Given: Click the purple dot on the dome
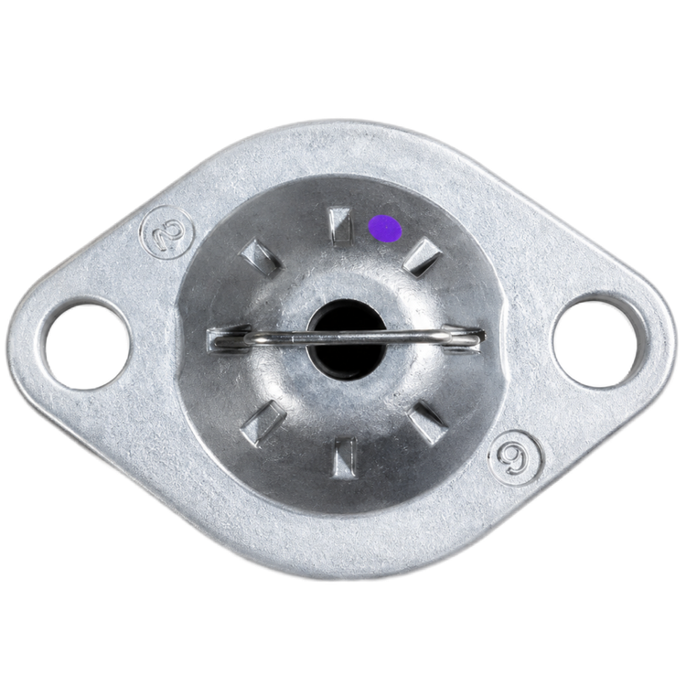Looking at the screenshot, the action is (x=384, y=229).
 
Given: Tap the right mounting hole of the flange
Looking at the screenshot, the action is (x=595, y=340).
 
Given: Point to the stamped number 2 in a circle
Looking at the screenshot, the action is (x=168, y=232).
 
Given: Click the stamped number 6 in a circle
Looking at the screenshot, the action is (x=515, y=457).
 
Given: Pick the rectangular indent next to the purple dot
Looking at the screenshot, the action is (x=341, y=224).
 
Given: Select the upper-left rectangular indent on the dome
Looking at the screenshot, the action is (x=262, y=257).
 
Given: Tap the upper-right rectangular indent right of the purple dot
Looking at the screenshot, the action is (x=423, y=257).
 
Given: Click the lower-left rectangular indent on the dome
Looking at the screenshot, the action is (x=263, y=423).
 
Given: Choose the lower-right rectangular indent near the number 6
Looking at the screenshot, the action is (x=428, y=423).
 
